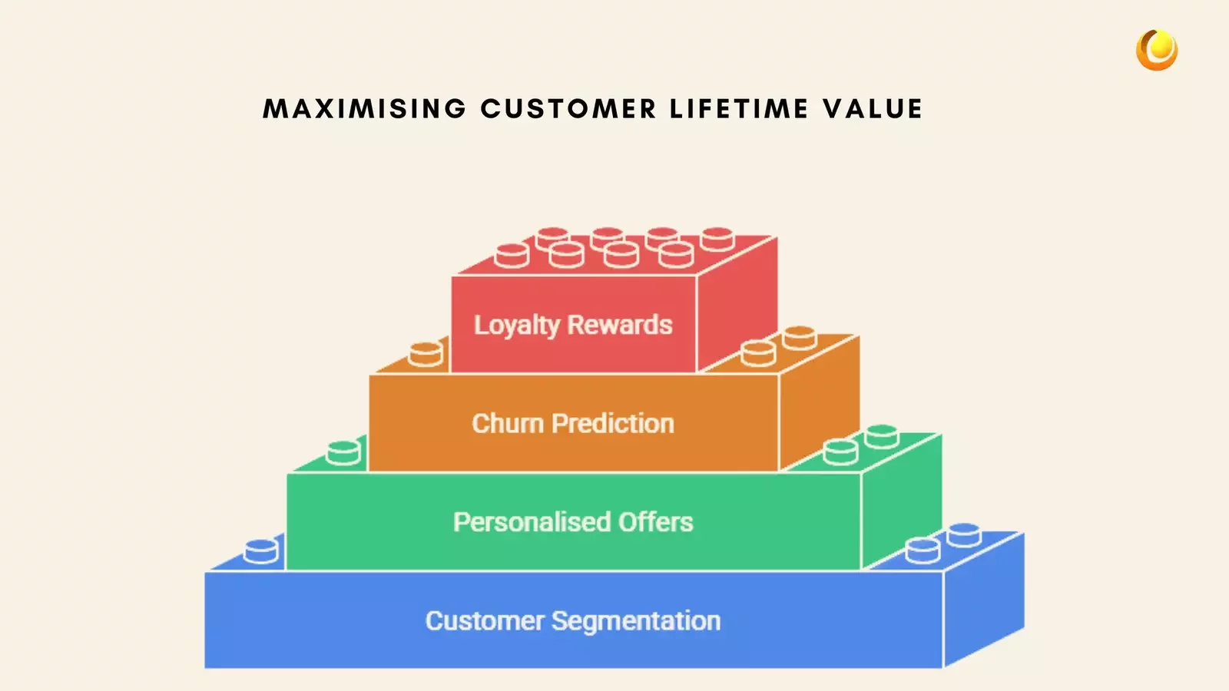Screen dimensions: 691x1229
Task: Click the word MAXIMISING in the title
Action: [365, 109]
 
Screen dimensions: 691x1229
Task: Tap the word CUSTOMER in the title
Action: [568, 109]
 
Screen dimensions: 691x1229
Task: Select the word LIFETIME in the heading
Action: [739, 109]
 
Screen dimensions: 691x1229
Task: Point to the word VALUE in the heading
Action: [873, 109]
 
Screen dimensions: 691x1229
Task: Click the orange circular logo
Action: [1156, 50]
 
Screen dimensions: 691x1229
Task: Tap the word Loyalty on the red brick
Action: [516, 326]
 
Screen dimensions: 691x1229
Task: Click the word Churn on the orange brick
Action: [507, 424]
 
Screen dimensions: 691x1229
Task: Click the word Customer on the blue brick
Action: [485, 620]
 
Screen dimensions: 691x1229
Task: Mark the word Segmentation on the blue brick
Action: [636, 621]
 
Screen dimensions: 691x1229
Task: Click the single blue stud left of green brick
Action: [261, 550]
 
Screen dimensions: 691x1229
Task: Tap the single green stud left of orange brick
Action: [343, 452]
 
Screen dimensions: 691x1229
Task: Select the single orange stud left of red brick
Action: [426, 353]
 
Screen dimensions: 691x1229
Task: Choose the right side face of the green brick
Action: [901, 503]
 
